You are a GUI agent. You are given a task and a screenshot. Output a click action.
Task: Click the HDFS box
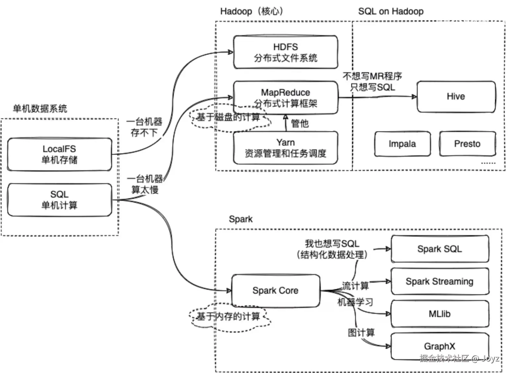point(286,52)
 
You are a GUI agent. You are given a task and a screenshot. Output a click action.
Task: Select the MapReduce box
point(286,98)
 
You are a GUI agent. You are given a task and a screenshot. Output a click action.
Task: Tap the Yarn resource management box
point(286,148)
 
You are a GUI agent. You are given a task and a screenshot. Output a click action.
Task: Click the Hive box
point(456,97)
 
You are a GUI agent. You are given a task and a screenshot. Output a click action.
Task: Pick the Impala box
point(402,144)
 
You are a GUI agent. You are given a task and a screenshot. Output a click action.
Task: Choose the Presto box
point(468,144)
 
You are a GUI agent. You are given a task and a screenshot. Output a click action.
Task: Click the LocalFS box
point(60,154)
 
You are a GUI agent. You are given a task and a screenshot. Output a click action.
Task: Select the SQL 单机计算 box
point(60,200)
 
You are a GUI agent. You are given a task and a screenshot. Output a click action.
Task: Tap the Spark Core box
point(276,291)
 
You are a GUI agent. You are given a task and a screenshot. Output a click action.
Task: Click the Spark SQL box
point(440,249)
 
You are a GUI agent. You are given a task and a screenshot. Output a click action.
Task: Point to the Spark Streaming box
point(440,281)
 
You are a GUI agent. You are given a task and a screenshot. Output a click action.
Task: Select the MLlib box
point(440,314)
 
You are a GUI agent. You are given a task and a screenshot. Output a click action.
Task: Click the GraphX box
point(440,346)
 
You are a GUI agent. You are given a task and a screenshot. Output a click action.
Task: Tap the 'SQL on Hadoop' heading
point(391,11)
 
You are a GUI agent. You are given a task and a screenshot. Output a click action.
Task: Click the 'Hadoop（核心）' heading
point(252,11)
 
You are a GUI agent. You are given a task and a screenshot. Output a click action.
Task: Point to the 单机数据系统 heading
point(40,108)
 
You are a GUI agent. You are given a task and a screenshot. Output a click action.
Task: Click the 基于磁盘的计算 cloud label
point(228,117)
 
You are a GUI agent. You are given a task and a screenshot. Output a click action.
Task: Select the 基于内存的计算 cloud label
point(228,316)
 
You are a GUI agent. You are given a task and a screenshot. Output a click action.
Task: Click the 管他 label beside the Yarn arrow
point(300,123)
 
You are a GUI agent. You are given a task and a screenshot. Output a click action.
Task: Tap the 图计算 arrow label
point(361,333)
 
